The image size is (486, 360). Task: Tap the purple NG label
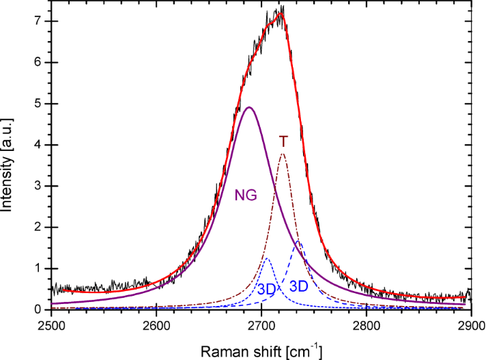point(246,195)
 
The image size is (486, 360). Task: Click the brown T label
point(283,141)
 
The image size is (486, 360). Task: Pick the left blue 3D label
point(267,289)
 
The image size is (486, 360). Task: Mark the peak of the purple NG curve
point(249,107)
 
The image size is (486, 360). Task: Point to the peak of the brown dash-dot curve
point(283,154)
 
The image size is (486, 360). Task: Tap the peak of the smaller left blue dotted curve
point(267,259)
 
